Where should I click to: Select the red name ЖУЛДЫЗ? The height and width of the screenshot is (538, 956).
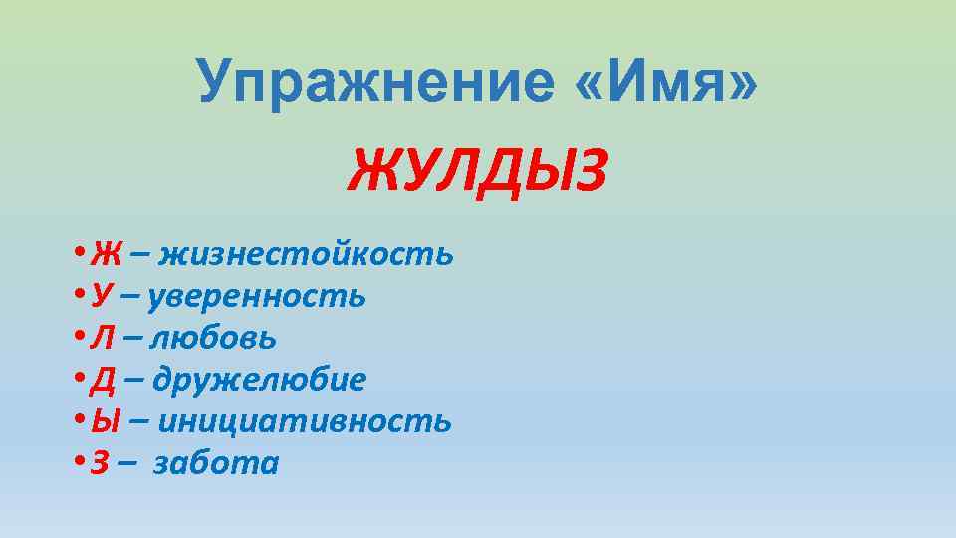point(477,171)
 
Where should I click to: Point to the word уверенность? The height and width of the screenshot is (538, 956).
point(260,296)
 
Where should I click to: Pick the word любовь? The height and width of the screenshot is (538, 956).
point(214,338)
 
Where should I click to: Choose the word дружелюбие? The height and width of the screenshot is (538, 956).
point(260,380)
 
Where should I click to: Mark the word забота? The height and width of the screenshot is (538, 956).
point(217,463)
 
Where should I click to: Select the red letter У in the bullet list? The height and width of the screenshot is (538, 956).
point(101,296)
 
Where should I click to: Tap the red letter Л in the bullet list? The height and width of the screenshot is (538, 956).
point(102,338)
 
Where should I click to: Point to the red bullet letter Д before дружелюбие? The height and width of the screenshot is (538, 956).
point(102,381)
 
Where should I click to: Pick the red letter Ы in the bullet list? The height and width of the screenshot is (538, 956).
point(105,421)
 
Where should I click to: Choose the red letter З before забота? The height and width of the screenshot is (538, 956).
point(99,463)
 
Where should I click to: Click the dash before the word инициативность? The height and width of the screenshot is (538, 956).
point(140,422)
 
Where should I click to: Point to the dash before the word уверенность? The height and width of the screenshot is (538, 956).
point(132,297)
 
